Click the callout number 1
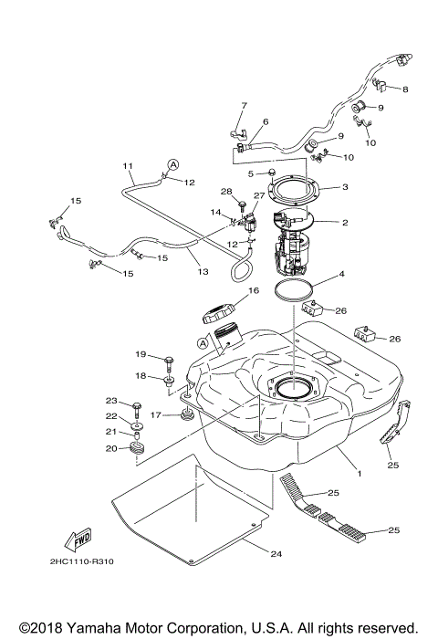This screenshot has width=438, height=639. [x=359, y=474]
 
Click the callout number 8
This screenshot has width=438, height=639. [x=406, y=89]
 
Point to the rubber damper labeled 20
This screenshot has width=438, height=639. [x=140, y=449]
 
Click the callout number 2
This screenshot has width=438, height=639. [x=344, y=222]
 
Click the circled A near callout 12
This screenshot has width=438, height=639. [x=170, y=164]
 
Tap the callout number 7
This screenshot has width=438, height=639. [x=245, y=105]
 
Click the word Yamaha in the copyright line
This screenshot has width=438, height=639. [x=99, y=628]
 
